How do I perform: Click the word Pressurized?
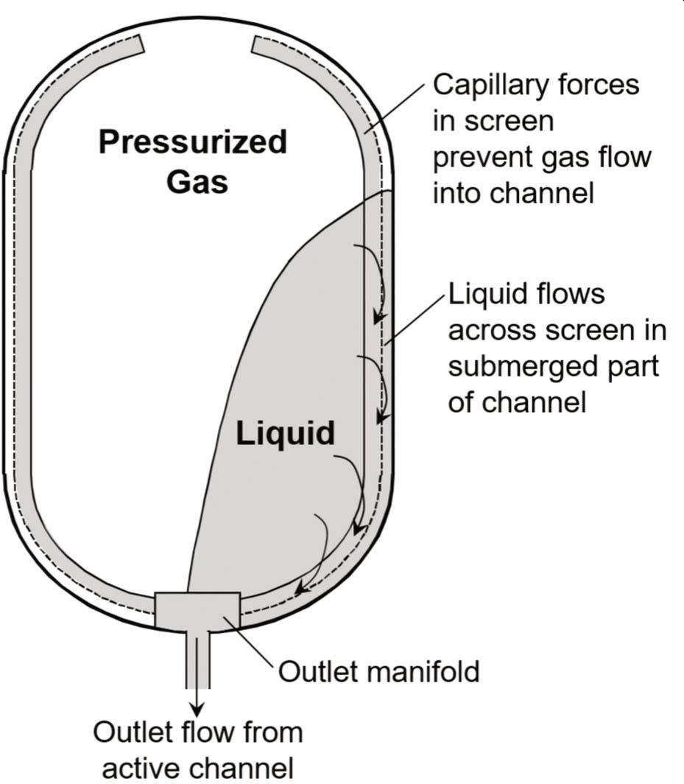193,142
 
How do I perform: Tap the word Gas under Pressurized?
197,181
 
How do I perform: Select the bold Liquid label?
285,434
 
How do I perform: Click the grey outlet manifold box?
197,609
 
